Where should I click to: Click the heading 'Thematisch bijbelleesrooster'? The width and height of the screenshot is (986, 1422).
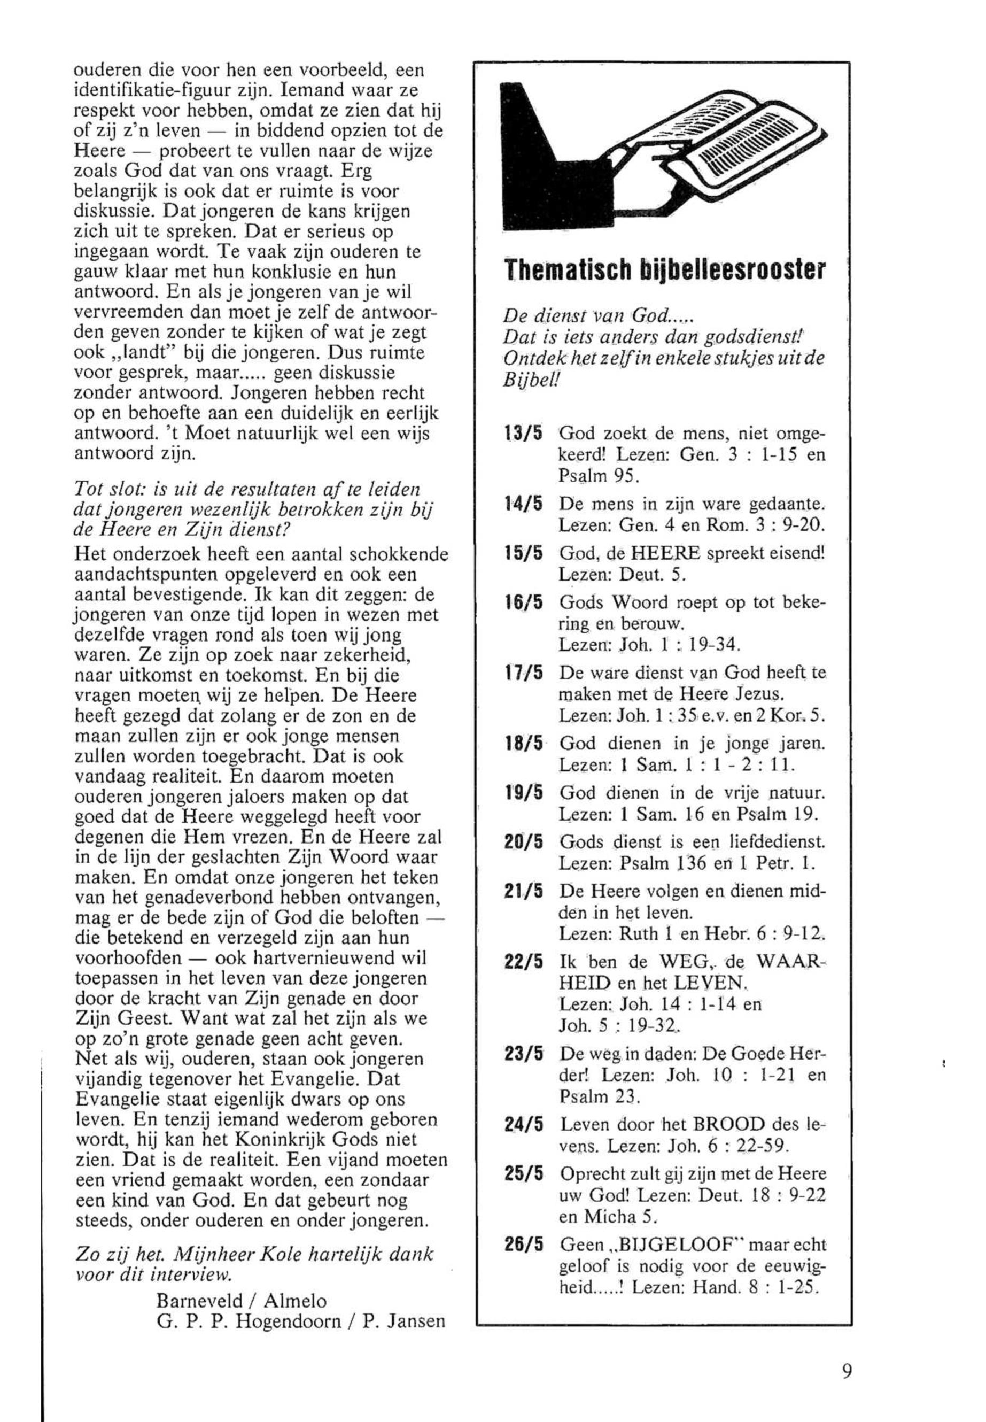664,270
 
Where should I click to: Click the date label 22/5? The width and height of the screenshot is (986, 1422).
523,962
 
